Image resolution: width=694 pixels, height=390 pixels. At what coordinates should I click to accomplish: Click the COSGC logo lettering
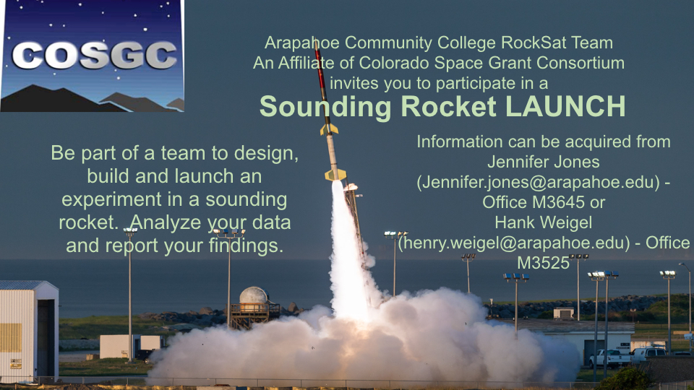pyautogui.click(x=94, y=56)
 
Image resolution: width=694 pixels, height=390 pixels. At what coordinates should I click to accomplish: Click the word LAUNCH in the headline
pyautogui.click(x=565, y=107)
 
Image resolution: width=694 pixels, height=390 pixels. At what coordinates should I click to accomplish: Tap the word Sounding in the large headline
pyautogui.click(x=325, y=108)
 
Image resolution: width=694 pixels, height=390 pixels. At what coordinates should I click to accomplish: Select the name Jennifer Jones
pyautogui.click(x=543, y=162)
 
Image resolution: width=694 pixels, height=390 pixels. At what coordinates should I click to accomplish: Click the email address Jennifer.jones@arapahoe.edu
pyautogui.click(x=538, y=182)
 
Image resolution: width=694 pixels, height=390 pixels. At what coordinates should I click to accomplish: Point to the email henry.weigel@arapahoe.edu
pyautogui.click(x=514, y=243)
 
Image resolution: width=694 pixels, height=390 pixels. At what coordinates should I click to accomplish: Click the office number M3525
pyautogui.click(x=543, y=263)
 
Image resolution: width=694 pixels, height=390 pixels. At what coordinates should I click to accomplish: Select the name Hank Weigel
pyautogui.click(x=543, y=222)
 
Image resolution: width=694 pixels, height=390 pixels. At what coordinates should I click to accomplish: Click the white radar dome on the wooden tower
pyautogui.click(x=254, y=295)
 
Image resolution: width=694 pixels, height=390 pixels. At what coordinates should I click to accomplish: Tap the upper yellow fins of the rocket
pyautogui.click(x=328, y=129)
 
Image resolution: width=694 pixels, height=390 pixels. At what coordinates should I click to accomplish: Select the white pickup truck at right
pyautogui.click(x=609, y=357)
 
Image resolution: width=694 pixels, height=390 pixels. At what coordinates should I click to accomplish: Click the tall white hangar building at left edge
pyautogui.click(x=29, y=330)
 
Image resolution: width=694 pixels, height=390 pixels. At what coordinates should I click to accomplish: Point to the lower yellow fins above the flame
pyautogui.click(x=335, y=175)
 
